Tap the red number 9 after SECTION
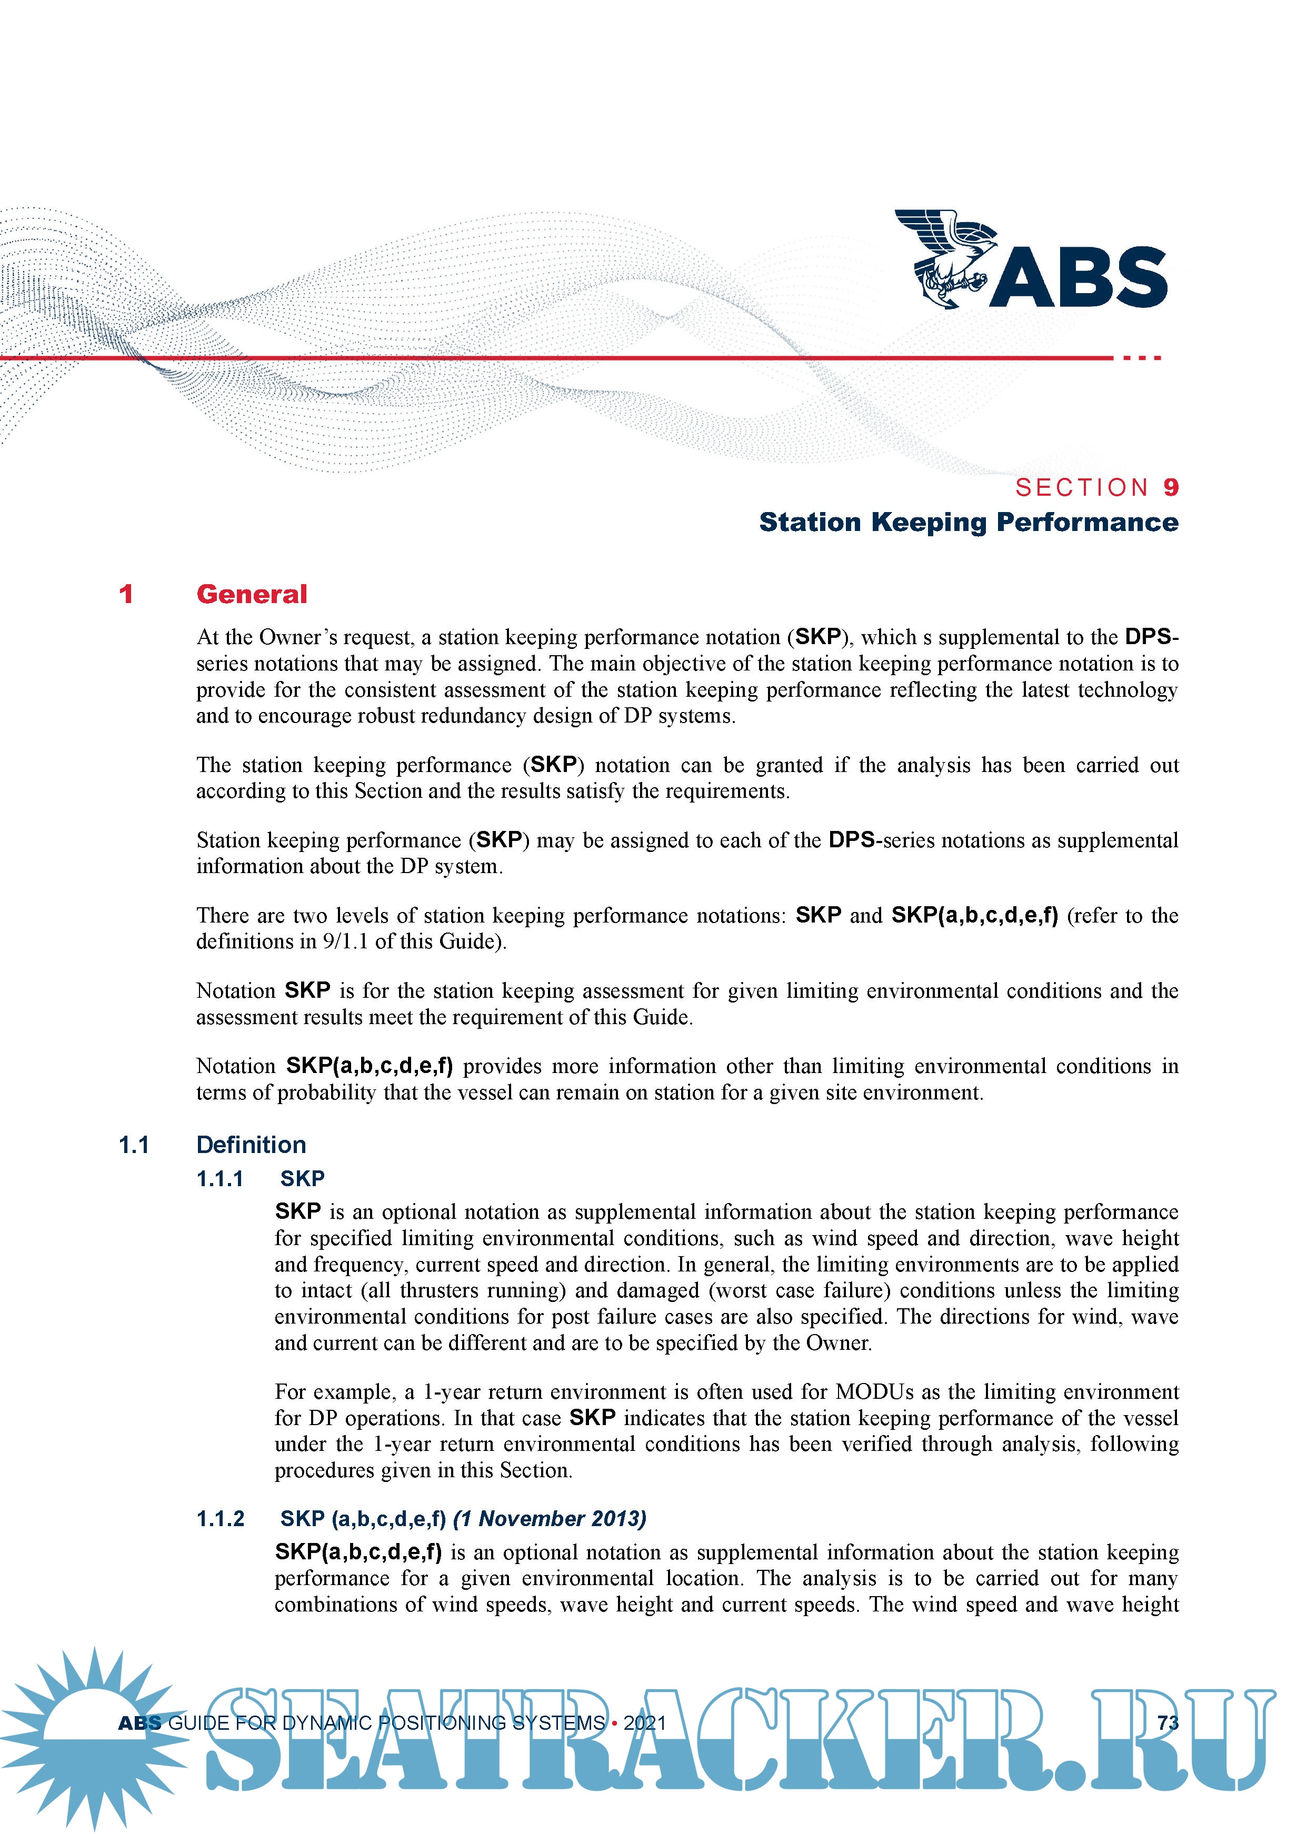pyautogui.click(x=1171, y=487)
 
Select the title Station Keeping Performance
pyautogui.click(x=969, y=523)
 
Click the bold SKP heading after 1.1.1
pyautogui.click(x=303, y=1178)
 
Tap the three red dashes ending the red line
pyautogui.click(x=1142, y=358)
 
